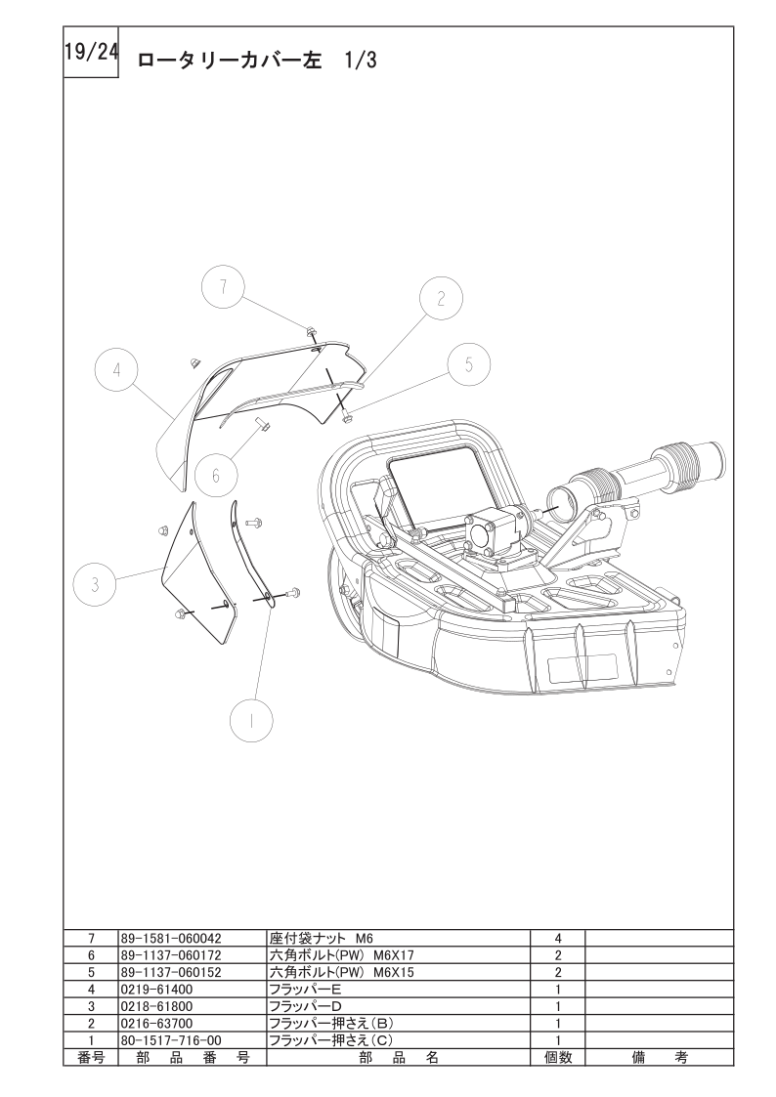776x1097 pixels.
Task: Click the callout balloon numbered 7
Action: [x=223, y=286]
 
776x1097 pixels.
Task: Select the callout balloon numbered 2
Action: [x=441, y=299]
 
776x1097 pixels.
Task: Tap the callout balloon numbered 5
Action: [x=469, y=363]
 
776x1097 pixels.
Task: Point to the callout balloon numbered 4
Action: [x=117, y=370]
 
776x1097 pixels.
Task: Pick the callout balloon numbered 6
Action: [x=216, y=476]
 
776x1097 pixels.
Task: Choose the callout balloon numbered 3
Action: [x=95, y=583]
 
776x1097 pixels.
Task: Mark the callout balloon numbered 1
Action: [x=251, y=719]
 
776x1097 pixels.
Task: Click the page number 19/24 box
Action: [x=91, y=53]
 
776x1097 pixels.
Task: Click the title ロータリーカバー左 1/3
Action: [x=257, y=61]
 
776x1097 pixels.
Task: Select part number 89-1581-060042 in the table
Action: [x=171, y=938]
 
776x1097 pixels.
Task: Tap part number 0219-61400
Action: [x=156, y=990]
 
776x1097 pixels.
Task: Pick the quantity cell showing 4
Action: [x=558, y=938]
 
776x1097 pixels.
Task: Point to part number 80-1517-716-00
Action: [x=171, y=1040]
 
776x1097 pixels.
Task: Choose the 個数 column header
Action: [x=558, y=1057]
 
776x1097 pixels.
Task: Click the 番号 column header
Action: [x=91, y=1057]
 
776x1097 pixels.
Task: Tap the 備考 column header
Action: [x=659, y=1057]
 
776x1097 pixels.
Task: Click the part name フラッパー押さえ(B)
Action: [x=331, y=1024]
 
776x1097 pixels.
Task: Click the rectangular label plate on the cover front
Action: [x=582, y=669]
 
